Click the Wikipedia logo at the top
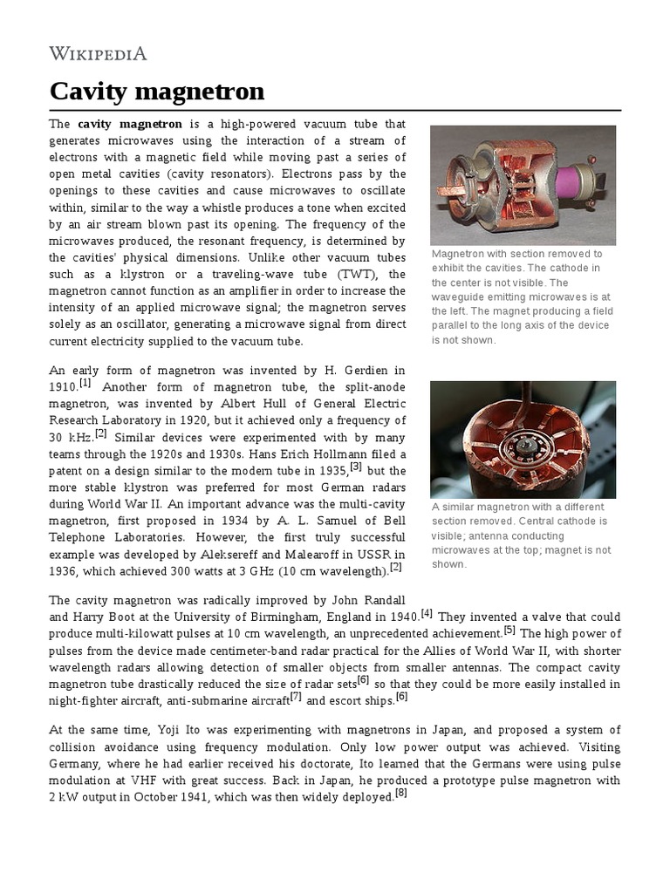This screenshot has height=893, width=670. pyautogui.click(x=98, y=53)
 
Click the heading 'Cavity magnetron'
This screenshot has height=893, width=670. pyautogui.click(x=157, y=91)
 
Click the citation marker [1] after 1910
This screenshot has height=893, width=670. pyautogui.click(x=85, y=382)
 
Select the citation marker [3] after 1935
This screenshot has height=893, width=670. pyautogui.click(x=356, y=466)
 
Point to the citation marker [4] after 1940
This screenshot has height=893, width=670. pyautogui.click(x=427, y=613)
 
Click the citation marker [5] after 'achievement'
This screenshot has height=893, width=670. pyautogui.click(x=509, y=630)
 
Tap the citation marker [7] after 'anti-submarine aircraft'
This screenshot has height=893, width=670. pyautogui.click(x=296, y=696)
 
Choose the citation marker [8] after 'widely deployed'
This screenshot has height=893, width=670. pyautogui.click(x=401, y=794)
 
